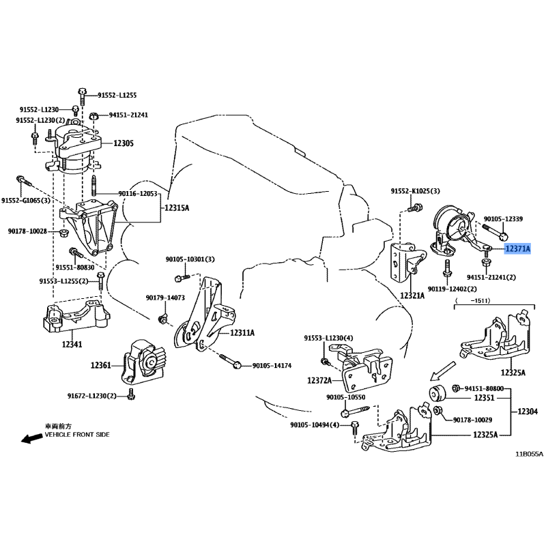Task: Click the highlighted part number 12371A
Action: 517,248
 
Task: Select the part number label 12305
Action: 124,143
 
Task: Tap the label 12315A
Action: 177,208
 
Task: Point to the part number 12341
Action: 72,345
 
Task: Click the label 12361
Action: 100,365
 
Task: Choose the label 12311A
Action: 242,333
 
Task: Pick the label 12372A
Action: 319,381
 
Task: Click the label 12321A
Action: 412,296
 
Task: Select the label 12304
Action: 528,412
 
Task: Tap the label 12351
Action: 484,398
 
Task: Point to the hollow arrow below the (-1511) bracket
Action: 442,371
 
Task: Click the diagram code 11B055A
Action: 530,454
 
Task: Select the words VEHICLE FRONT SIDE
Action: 77,435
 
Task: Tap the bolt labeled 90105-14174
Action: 230,361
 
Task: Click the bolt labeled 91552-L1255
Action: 82,96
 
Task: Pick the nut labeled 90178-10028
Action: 64,233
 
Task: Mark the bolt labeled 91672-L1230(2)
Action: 131,394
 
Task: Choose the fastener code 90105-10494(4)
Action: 315,425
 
